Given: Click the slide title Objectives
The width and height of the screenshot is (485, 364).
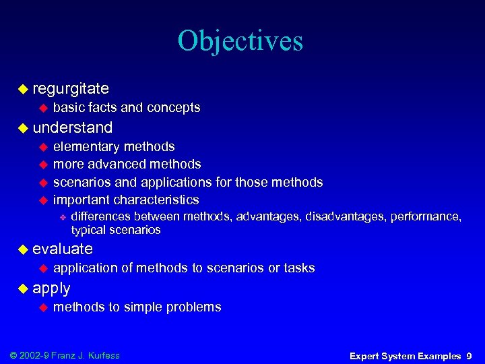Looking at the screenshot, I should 240,42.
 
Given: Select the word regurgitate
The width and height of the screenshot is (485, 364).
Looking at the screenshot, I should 71,88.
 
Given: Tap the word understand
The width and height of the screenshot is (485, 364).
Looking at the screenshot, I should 72,127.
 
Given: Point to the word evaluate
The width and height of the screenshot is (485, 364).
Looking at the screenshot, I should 62,249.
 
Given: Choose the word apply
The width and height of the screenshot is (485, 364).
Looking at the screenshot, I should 51,288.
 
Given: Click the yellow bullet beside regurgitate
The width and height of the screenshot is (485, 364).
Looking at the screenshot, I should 23,88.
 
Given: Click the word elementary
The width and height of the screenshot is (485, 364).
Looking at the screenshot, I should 86,147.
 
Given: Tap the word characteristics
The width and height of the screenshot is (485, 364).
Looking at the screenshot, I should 156,200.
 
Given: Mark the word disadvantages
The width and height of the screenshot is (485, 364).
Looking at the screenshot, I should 342,216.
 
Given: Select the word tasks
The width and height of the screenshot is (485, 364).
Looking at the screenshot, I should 300,268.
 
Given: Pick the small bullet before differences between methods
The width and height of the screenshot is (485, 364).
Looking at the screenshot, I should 62,217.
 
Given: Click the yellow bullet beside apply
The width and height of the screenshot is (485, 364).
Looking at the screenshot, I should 23,289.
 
